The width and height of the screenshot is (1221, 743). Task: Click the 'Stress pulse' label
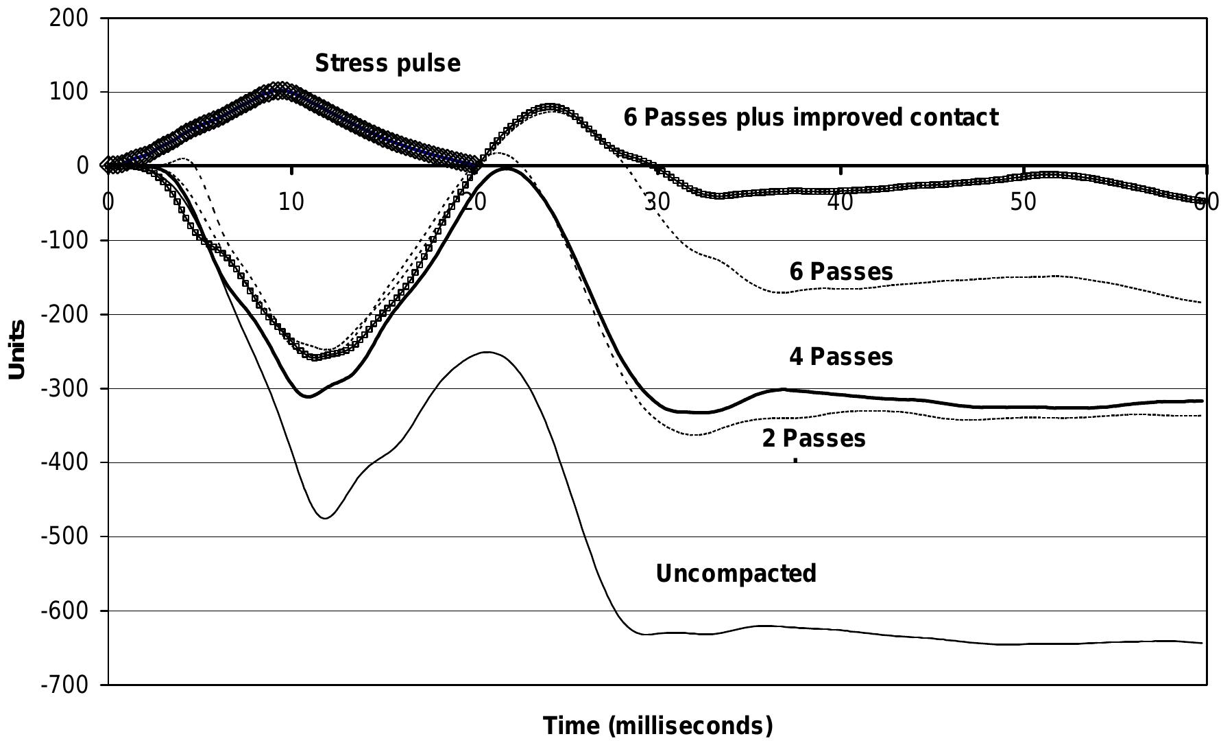[387, 63]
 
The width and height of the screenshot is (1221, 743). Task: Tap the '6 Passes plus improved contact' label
[810, 117]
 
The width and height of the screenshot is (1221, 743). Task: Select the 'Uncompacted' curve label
[736, 573]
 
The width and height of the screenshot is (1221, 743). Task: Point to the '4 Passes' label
[841, 357]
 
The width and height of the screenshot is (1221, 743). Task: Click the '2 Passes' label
[813, 438]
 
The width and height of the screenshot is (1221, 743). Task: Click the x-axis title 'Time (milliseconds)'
[657, 724]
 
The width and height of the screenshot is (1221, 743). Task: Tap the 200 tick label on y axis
[69, 18]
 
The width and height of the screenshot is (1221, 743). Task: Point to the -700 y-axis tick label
[64, 685]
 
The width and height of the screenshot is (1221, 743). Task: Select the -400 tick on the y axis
[64, 462]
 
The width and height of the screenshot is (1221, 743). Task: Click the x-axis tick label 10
[291, 202]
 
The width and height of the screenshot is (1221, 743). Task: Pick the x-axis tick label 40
[841, 202]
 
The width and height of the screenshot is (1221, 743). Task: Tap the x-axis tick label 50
[1023, 202]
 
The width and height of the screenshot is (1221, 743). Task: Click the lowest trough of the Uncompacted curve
[325, 518]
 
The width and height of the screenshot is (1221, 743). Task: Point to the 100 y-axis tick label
[69, 92]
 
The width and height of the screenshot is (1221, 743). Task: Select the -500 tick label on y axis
[64, 536]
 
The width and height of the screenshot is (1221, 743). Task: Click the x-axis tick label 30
[657, 202]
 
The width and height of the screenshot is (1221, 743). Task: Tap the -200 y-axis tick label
[64, 314]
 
